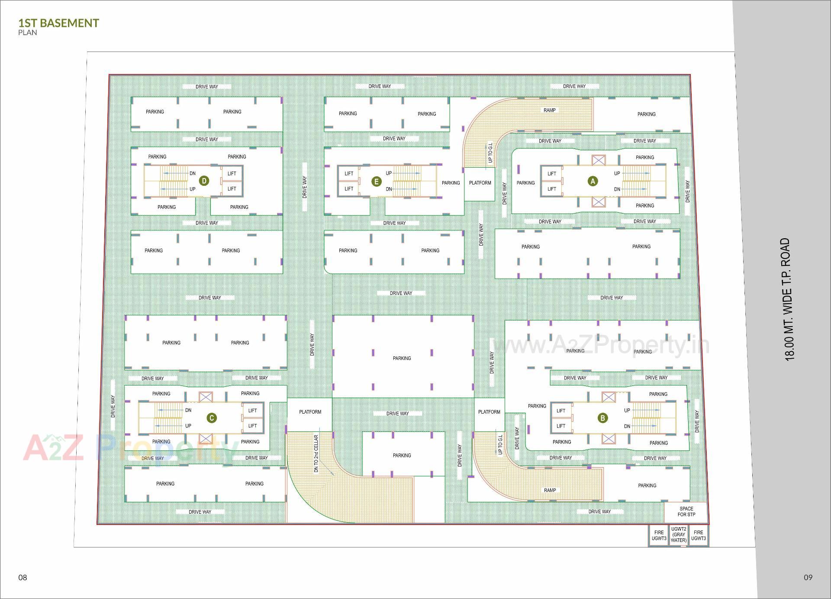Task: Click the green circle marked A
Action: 593,181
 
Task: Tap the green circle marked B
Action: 602,418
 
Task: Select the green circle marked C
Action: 212,418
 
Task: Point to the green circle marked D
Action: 204,181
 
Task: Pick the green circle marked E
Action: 377,181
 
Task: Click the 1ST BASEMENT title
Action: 58,23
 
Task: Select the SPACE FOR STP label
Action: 686,512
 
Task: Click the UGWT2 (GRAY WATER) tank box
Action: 679,535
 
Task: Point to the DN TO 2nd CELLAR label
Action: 316,453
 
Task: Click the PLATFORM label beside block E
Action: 480,183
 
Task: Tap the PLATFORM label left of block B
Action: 489,412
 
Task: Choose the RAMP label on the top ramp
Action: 550,110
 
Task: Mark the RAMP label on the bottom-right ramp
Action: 550,490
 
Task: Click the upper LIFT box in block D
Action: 232,174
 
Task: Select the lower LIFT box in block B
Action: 561,426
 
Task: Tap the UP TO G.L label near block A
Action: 490,152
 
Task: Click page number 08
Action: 23,577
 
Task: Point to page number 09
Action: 808,577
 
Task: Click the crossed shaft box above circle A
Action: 599,161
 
